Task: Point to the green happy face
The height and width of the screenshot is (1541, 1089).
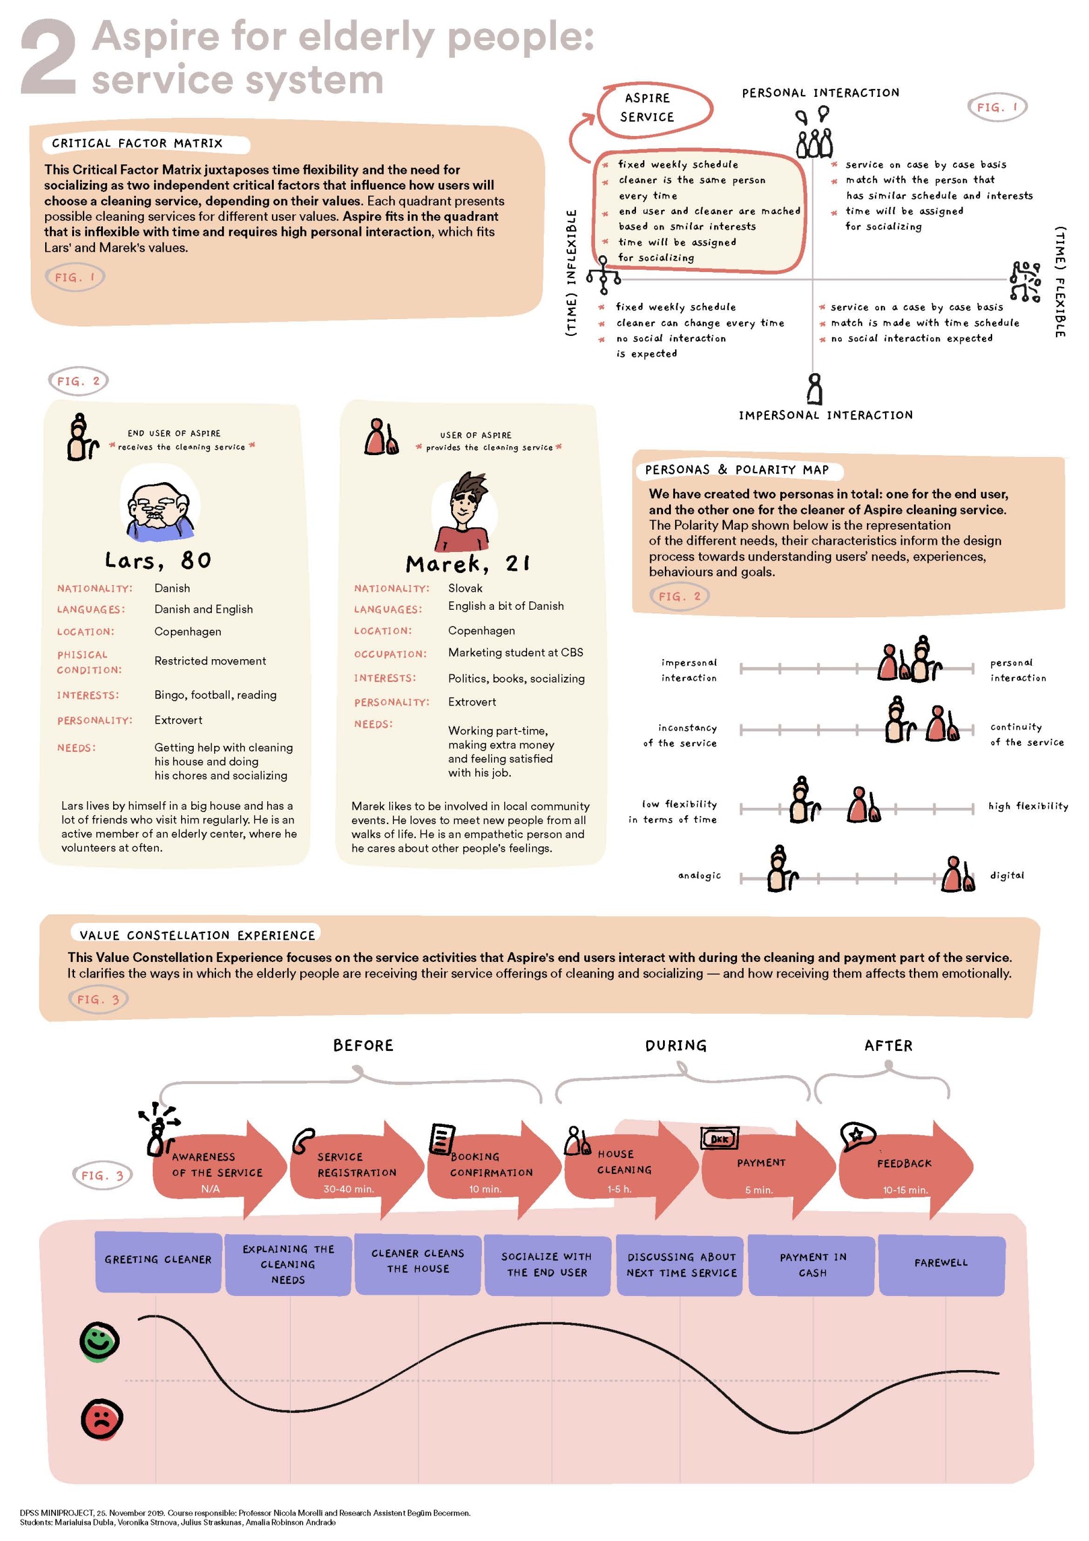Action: (x=99, y=1341)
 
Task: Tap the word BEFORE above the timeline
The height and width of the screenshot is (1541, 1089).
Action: (x=363, y=1045)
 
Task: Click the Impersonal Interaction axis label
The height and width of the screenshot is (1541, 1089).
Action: (x=825, y=415)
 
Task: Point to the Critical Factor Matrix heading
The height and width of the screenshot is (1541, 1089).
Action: (x=137, y=143)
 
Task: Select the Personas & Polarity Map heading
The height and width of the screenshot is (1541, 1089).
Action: (x=737, y=470)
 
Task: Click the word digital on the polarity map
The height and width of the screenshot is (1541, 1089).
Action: (x=1007, y=875)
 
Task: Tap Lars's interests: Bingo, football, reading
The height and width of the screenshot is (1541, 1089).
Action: (x=215, y=695)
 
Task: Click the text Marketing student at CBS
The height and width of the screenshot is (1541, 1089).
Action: (x=515, y=653)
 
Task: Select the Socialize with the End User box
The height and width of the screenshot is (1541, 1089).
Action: (x=547, y=1265)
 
